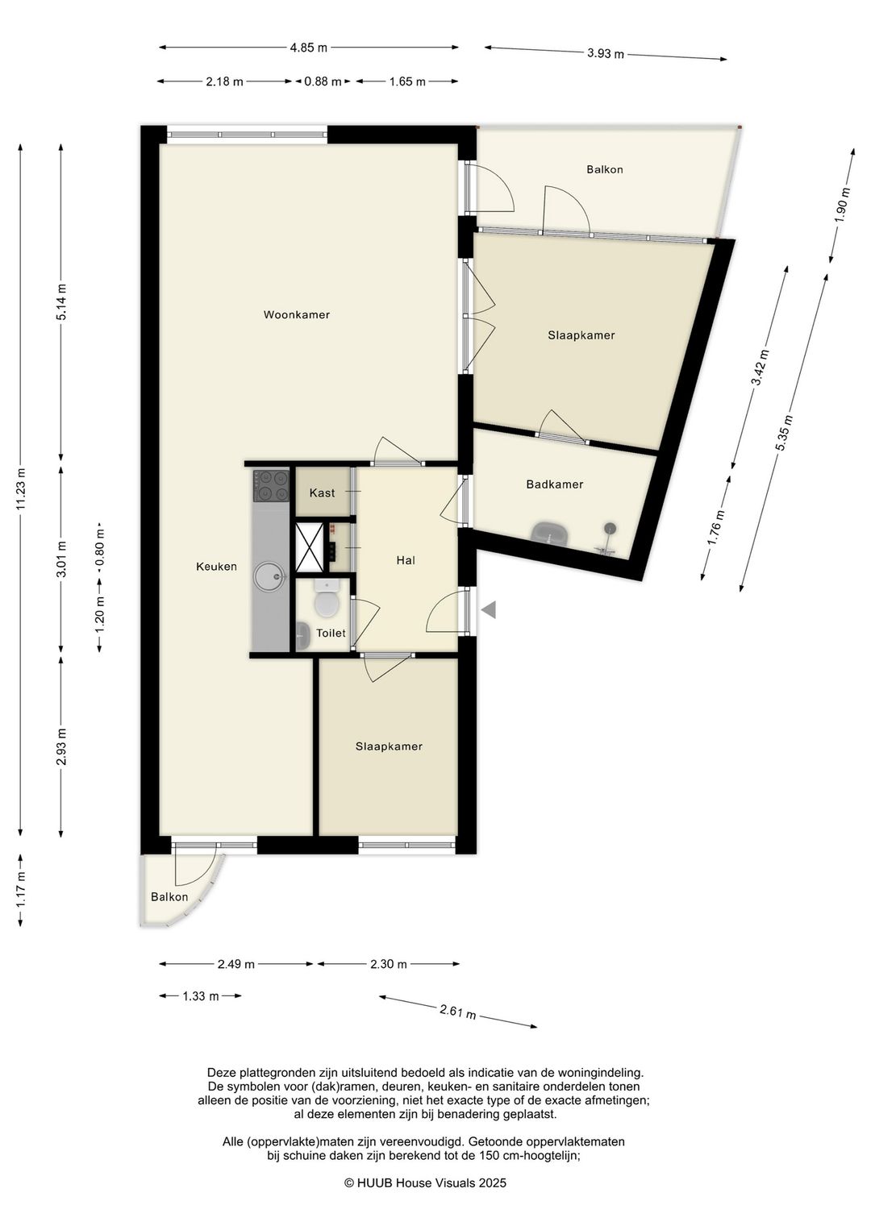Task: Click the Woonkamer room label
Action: [296, 314]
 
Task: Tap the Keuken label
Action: [216, 566]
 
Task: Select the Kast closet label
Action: [322, 492]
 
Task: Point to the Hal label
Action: [406, 560]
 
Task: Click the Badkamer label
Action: [555, 484]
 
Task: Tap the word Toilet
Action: [331, 633]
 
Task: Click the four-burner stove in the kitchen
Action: [270, 485]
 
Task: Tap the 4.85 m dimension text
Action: [309, 48]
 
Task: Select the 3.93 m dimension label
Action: [606, 53]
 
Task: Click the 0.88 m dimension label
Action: [323, 82]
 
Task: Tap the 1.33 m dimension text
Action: [201, 996]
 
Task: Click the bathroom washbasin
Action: [550, 533]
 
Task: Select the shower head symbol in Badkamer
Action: [609, 528]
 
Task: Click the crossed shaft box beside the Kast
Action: [310, 547]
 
